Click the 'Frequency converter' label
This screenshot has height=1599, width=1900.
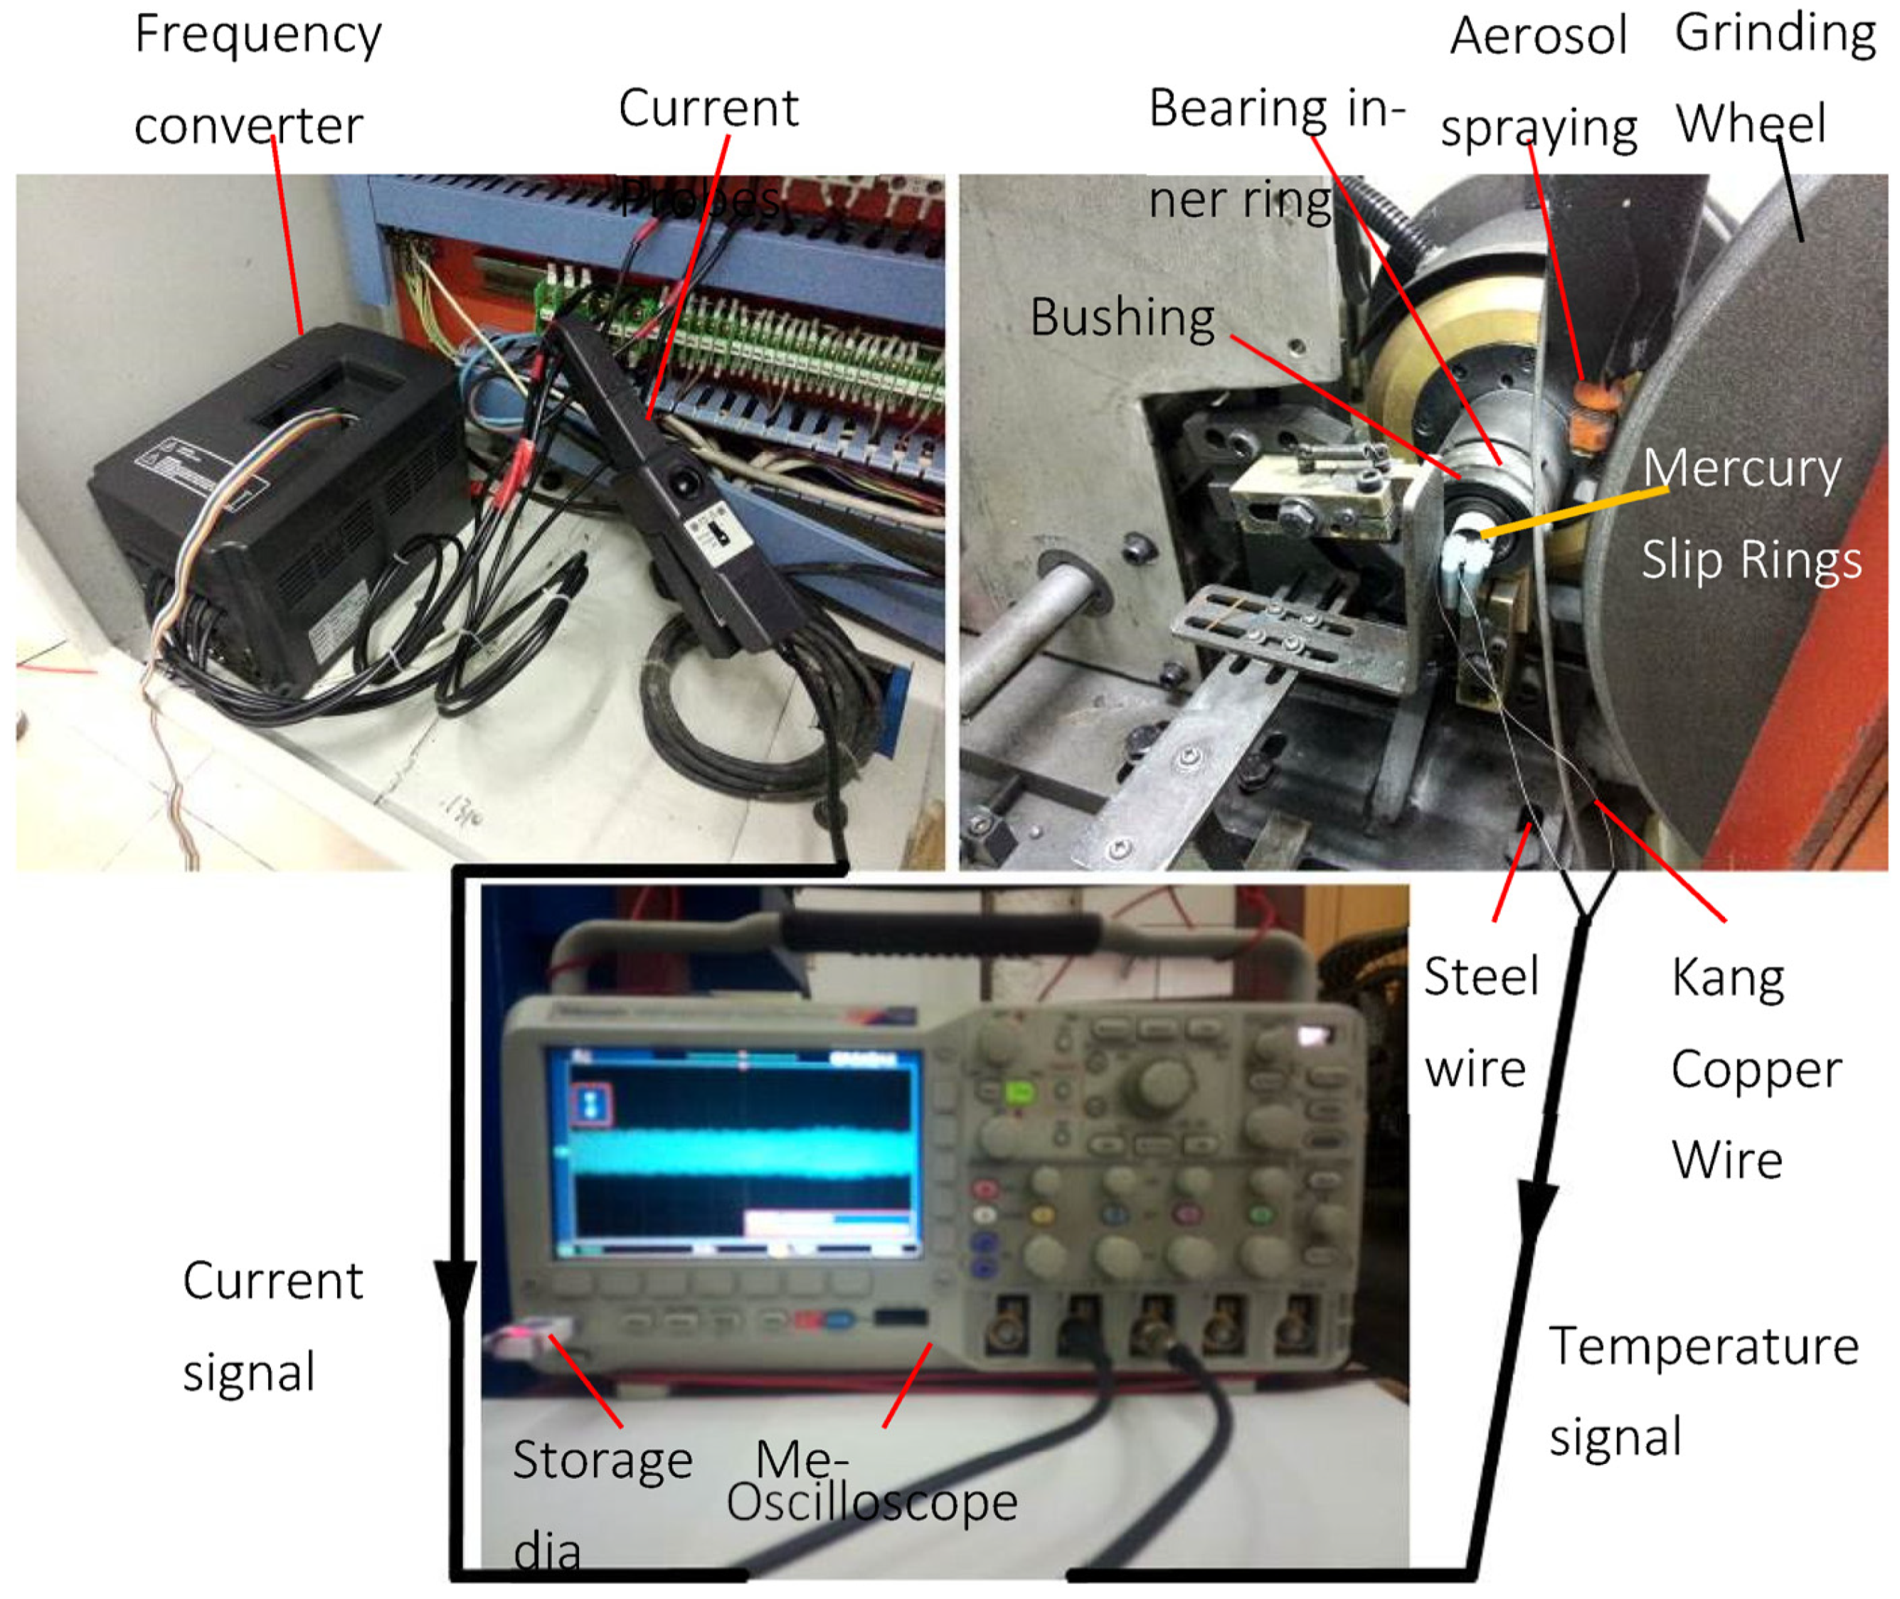tap(258, 80)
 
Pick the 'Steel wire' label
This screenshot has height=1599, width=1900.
tap(1480, 1022)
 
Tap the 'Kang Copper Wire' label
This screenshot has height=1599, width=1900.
tap(1754, 1069)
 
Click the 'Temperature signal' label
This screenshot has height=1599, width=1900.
tap(1702, 1391)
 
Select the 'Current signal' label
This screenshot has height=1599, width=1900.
tap(272, 1326)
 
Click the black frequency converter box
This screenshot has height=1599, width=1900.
tap(272, 508)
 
